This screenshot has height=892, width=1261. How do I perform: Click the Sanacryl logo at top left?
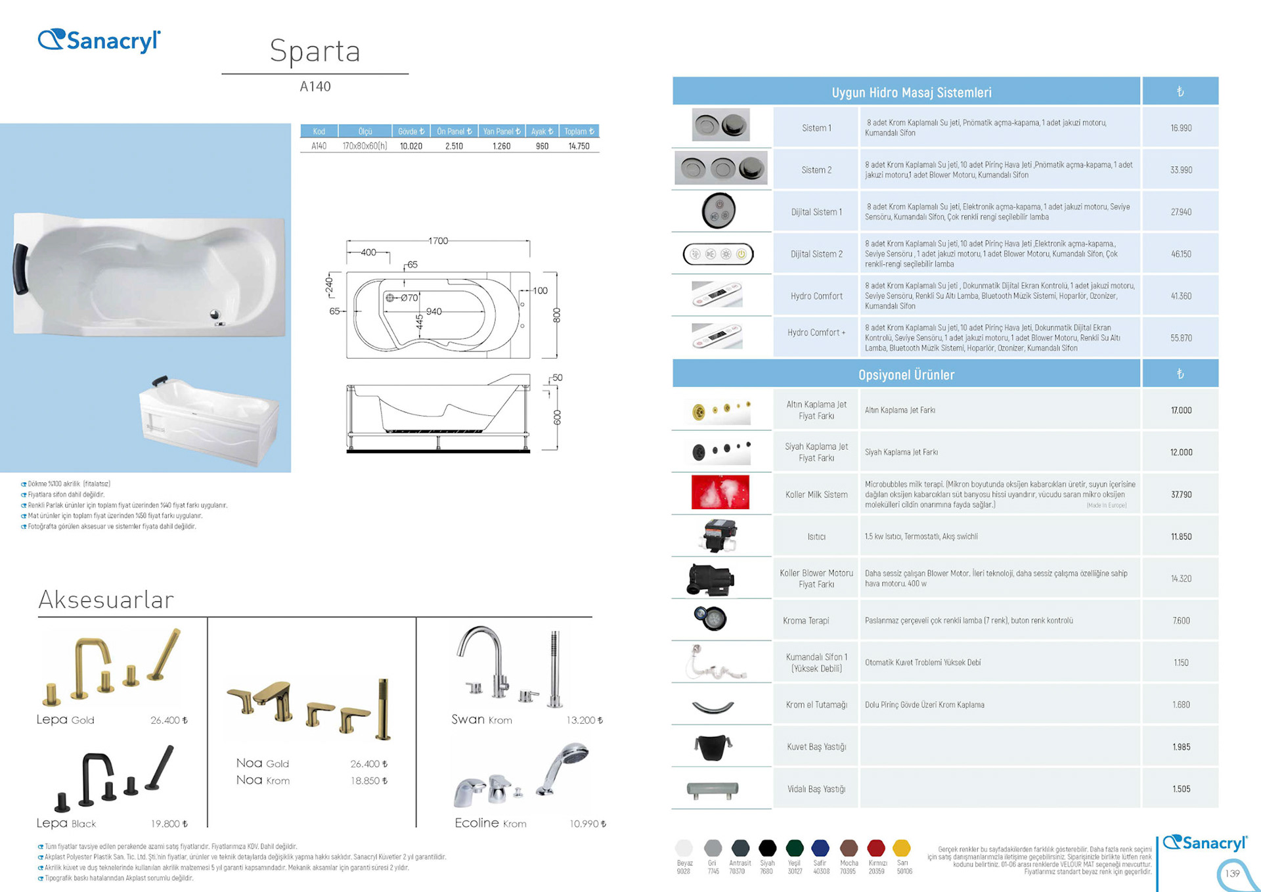tap(99, 41)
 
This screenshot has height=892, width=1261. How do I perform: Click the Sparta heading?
tap(315, 51)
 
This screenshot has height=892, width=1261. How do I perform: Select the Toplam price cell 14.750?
tap(579, 146)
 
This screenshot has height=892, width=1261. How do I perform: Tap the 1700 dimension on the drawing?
tap(438, 241)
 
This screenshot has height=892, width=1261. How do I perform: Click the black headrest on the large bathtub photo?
tap(20, 269)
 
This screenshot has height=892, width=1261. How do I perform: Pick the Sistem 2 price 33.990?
tap(1180, 170)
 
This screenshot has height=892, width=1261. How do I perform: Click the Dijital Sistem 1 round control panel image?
tap(719, 211)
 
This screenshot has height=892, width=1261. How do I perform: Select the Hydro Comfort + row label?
tap(816, 333)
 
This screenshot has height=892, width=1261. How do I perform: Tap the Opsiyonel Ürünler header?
tap(906, 374)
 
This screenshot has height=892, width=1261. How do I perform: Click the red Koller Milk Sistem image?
tap(720, 493)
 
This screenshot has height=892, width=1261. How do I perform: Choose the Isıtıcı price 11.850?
tap(1180, 537)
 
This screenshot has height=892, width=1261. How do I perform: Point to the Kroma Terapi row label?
tap(806, 621)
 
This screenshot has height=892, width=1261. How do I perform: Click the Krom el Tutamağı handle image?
tap(713, 707)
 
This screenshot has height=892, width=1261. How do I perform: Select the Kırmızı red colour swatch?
tap(875, 848)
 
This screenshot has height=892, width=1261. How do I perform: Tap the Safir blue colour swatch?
tap(820, 848)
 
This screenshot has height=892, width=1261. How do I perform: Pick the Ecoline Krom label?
tap(490, 824)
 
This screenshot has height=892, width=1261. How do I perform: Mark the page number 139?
tap(1232, 874)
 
